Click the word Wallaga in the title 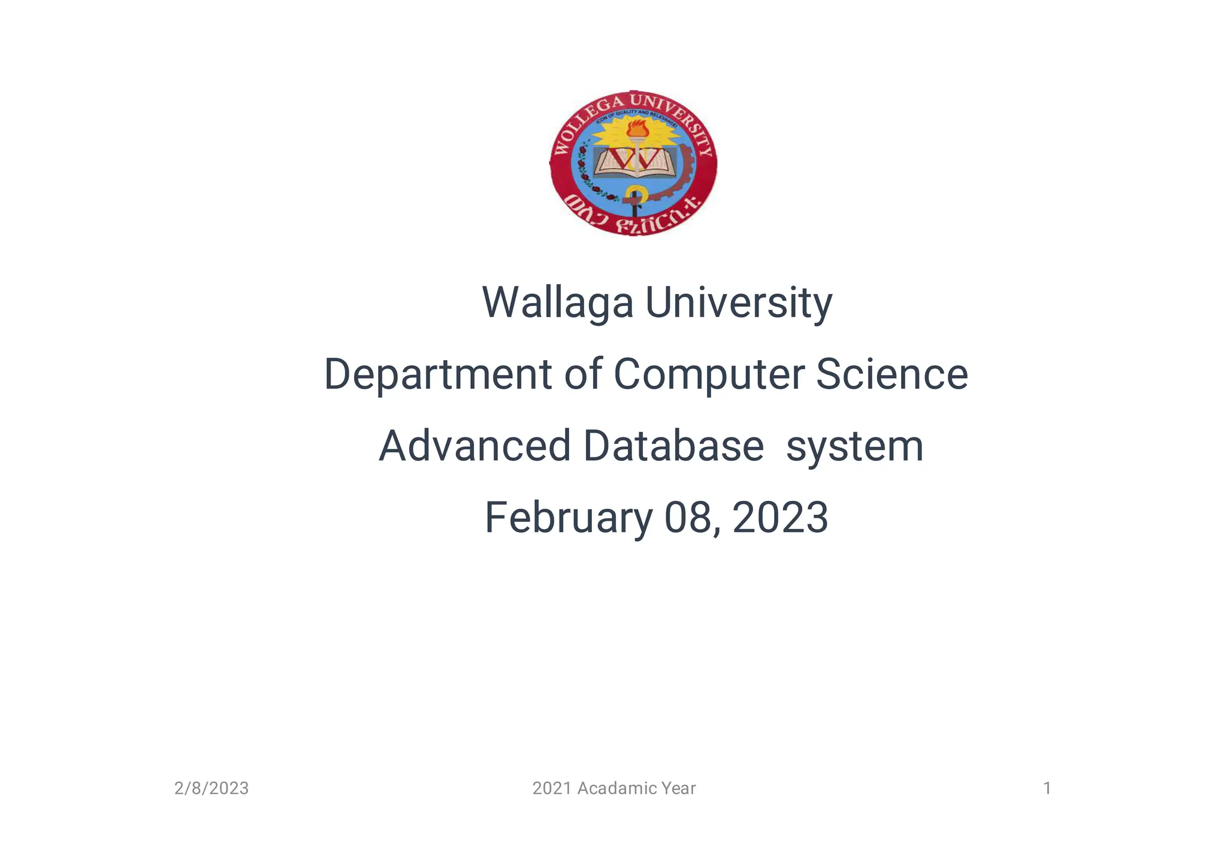tap(557, 303)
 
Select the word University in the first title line tap(738, 303)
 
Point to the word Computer tap(709, 374)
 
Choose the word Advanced tap(475, 446)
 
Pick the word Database tap(673, 446)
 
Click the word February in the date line tap(568, 518)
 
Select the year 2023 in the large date tap(780, 518)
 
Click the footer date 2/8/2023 tap(211, 789)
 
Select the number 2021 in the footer tap(552, 789)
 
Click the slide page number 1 tap(1047, 789)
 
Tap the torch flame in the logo tap(637, 128)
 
